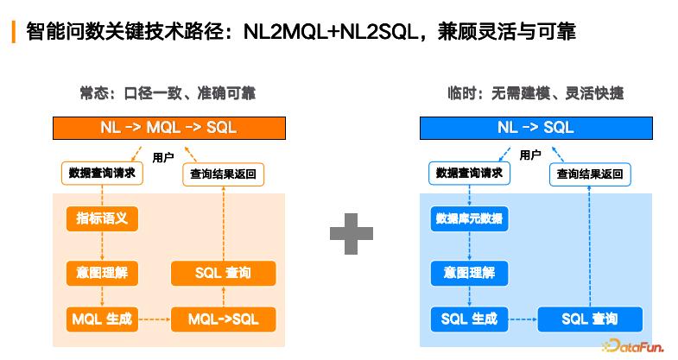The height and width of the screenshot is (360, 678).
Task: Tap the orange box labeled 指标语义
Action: [102, 218]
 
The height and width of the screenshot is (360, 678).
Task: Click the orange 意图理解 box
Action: [102, 273]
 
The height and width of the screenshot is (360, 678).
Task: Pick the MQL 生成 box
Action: [102, 319]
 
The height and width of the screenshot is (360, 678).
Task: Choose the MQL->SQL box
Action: [223, 319]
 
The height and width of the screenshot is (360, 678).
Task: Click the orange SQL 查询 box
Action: [223, 273]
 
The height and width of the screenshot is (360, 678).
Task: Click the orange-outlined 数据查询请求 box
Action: [102, 173]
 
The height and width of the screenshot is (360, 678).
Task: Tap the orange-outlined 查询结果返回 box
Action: [223, 174]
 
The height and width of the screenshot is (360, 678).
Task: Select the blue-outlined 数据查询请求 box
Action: [470, 173]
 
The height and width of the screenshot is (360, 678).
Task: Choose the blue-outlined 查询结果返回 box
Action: [592, 174]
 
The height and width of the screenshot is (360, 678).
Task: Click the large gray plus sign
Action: [352, 232]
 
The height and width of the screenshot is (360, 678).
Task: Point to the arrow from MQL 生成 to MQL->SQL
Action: [155, 319]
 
